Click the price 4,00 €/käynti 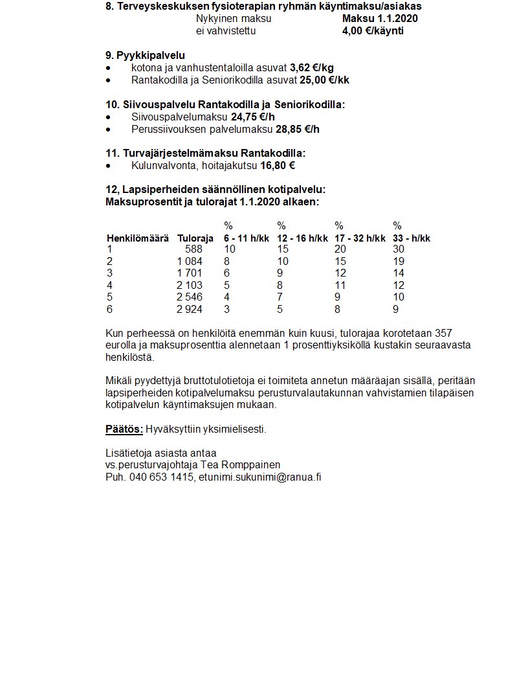pyautogui.click(x=373, y=30)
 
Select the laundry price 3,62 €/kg pyautogui.click(x=312, y=67)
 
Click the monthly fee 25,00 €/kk pyautogui.click(x=324, y=80)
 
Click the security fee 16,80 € pyautogui.click(x=278, y=165)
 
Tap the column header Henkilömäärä pyautogui.click(x=137, y=238)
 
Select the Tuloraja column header pyautogui.click(x=195, y=238)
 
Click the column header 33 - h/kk pyautogui.click(x=412, y=238)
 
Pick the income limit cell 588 pyautogui.click(x=193, y=249)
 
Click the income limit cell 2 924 pyautogui.click(x=190, y=310)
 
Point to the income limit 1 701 pyautogui.click(x=190, y=273)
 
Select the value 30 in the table pyautogui.click(x=399, y=249)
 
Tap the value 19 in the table pyautogui.click(x=399, y=261)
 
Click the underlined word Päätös pyautogui.click(x=124, y=429)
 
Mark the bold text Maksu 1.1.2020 pyautogui.click(x=380, y=18)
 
